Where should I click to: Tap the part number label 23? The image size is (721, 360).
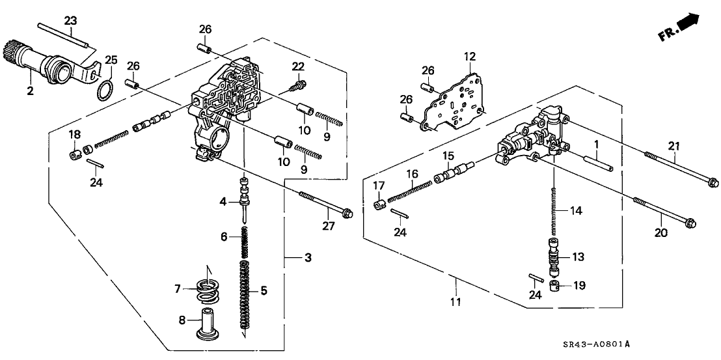coord(71,21)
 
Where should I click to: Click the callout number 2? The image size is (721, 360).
coord(30,90)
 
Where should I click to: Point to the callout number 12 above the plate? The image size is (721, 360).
coord(470,57)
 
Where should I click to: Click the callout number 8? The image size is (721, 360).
coord(182,319)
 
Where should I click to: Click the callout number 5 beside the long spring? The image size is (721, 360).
coord(264,290)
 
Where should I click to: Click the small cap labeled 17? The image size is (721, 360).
coord(377,206)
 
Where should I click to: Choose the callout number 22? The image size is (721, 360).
coord(298,66)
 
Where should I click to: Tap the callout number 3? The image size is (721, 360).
coord(307,258)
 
